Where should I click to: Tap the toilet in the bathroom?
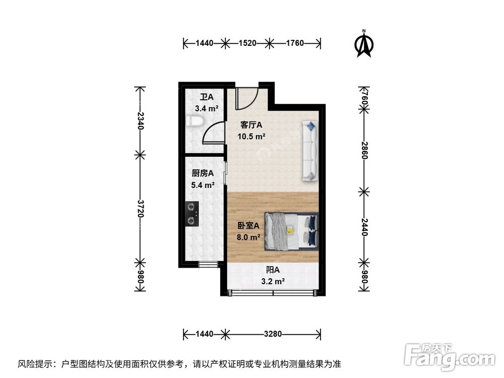(194, 121)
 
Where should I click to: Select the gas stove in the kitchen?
(192, 213)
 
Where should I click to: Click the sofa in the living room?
(310, 150)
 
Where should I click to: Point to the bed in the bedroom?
(292, 231)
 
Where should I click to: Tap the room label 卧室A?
(248, 226)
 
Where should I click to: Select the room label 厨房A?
(203, 173)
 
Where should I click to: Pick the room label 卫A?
(206, 97)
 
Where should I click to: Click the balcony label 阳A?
(273, 271)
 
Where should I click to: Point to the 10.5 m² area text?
(251, 136)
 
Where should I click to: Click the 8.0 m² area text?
(248, 237)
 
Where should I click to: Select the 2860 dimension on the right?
(364, 149)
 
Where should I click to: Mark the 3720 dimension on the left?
(140, 207)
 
